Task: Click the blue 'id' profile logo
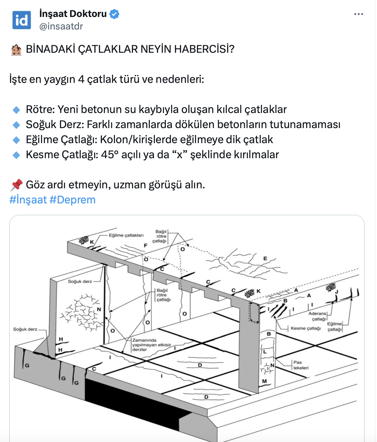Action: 22,20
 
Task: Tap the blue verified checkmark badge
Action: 114,14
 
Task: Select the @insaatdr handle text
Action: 61,26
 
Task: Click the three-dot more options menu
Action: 358,14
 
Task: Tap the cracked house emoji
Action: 16,50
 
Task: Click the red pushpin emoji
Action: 16,185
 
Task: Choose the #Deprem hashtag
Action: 73,200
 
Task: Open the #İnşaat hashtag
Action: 28,200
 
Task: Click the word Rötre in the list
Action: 40,109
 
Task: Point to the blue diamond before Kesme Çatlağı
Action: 16,155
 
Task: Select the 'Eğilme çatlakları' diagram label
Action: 126,235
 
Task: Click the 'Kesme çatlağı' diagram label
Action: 306,328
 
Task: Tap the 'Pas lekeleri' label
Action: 301,365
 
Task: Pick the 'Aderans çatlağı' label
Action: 318,316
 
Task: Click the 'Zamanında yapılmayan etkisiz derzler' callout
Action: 151,345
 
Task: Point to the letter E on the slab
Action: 265,258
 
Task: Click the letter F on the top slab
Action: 145,245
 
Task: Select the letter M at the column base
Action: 265,381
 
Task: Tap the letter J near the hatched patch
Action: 336,292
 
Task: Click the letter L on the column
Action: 265,352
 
